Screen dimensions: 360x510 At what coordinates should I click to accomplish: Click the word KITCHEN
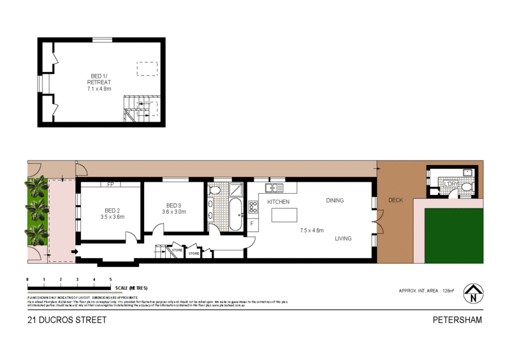[x=279, y=202]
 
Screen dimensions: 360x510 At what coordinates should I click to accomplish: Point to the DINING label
[x=335, y=201]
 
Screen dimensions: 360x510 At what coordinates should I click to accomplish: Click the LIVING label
[x=344, y=239]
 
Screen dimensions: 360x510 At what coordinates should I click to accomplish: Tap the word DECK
[x=396, y=201]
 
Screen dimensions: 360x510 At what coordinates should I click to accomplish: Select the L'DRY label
[x=451, y=184]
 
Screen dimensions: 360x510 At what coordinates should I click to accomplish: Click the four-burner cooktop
[x=252, y=206]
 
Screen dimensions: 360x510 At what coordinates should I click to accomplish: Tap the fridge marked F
[x=252, y=224]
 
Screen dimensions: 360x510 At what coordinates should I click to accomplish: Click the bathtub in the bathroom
[x=234, y=215]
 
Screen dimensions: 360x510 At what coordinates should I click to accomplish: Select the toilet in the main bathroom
[x=215, y=190]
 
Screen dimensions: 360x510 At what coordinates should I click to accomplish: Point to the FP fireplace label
[x=110, y=185]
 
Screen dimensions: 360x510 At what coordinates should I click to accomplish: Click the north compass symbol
[x=472, y=294]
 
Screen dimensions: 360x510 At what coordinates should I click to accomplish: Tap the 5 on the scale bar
[x=110, y=280]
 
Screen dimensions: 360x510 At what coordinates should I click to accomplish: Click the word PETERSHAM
[x=458, y=320]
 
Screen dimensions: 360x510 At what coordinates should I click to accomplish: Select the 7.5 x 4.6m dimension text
[x=312, y=231]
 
